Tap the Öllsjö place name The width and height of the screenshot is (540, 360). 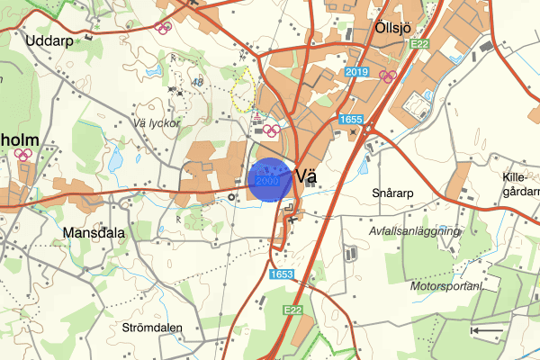[393, 30]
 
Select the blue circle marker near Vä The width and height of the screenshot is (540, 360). [270, 180]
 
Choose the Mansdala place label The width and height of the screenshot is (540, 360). [94, 232]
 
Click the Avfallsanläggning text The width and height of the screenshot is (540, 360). [414, 231]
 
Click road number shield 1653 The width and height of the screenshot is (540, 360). [282, 274]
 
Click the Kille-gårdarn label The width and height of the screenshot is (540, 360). [519, 184]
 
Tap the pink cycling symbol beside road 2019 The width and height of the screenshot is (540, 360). [388, 76]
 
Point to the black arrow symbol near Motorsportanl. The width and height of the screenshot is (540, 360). [487, 330]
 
